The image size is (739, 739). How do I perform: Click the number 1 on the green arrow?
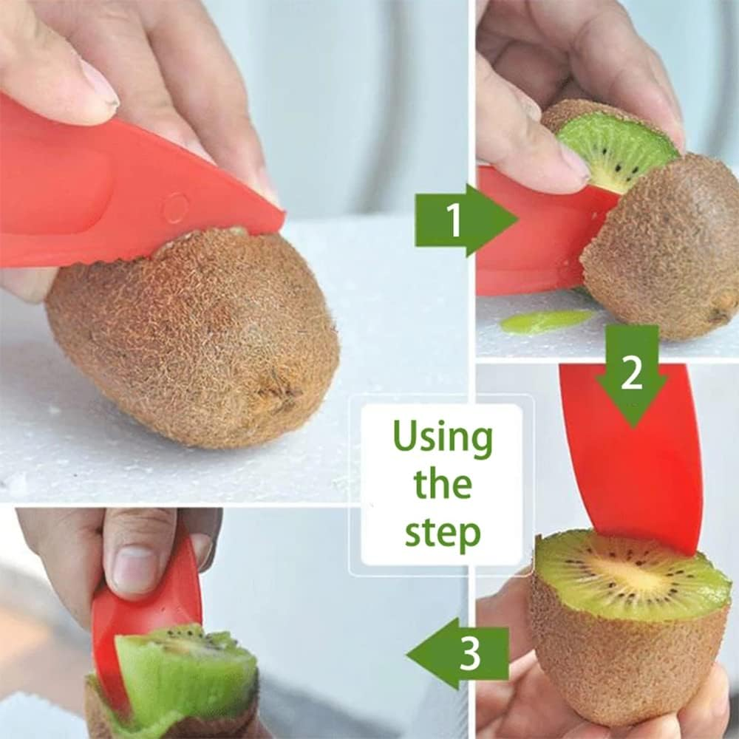tap(454, 219)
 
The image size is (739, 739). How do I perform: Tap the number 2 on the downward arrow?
tap(631, 375)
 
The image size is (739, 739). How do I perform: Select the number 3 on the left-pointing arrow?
tap(471, 653)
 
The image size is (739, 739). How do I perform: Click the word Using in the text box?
tap(442, 437)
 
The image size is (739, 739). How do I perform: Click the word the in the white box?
tap(443, 484)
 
